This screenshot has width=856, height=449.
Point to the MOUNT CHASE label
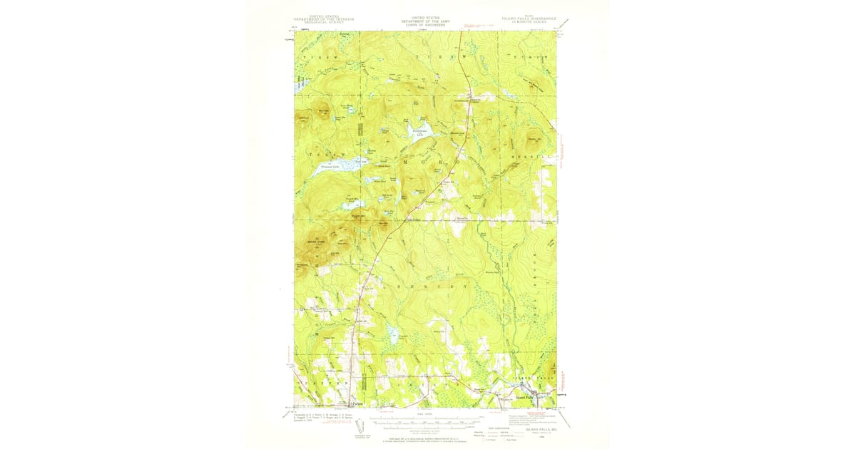coord(316,241)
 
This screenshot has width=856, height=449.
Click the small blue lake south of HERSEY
coord(392,332)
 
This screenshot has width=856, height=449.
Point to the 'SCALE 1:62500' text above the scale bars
coord(426,413)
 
